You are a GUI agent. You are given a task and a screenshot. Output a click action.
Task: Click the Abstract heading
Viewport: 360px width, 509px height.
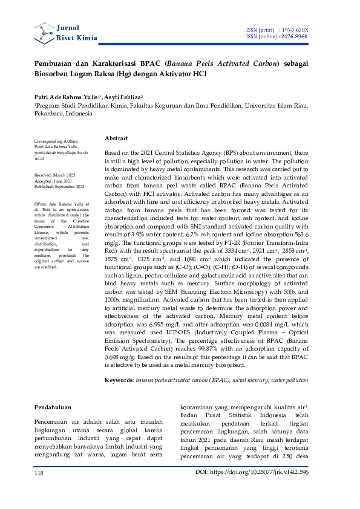tap(116, 138)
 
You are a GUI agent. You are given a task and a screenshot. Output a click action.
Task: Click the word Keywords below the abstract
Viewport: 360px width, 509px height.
tap(118, 379)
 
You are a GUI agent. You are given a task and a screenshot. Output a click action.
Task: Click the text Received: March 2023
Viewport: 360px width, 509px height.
tap(56, 175)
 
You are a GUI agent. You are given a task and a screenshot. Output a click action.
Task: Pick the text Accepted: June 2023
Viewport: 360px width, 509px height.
tap(55, 181)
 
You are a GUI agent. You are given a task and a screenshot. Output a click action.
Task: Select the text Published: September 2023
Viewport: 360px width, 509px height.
tap(59, 187)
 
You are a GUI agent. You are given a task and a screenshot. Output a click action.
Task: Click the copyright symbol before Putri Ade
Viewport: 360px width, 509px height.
tap(36, 205)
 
